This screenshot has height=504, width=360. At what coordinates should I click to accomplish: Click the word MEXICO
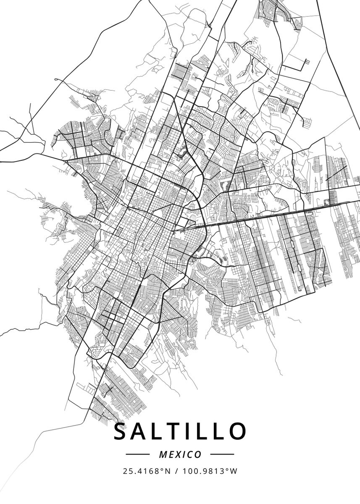180,454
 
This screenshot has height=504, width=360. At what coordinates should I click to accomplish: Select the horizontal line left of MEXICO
138,454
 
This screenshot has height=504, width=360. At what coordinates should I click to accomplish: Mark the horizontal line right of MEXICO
222,454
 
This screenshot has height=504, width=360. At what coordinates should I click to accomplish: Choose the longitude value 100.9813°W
210,471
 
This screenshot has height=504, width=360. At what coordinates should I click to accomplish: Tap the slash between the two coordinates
176,471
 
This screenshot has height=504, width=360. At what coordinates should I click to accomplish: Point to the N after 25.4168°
168,471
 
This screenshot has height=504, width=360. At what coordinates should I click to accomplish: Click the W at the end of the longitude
234,471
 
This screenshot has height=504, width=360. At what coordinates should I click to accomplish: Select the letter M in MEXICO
163,454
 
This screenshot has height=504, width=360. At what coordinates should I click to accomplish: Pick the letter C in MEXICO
190,454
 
